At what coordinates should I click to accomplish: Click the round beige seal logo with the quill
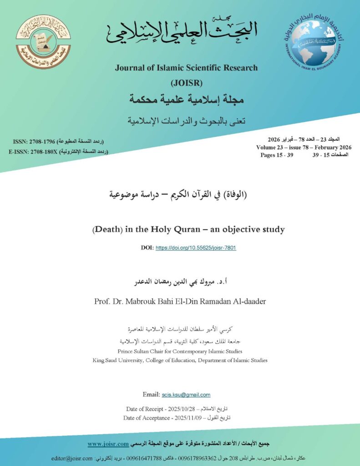(x=43, y=42)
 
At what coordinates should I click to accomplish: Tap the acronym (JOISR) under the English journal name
(x=186, y=83)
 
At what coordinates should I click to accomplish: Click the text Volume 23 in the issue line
(x=274, y=147)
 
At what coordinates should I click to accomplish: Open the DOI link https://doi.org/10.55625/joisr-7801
(x=196, y=248)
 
